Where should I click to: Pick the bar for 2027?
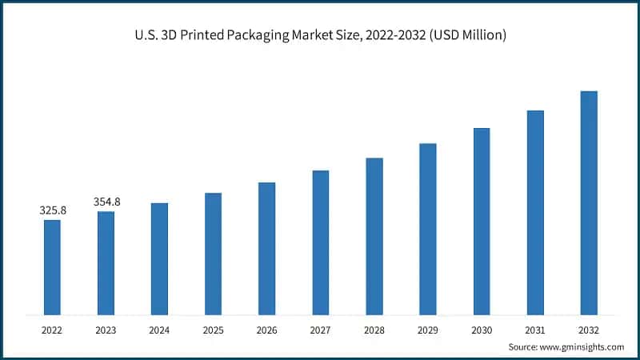pyautogui.click(x=320, y=242)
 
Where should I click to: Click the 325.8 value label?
pyautogui.click(x=52, y=210)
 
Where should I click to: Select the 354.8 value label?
pyautogui.click(x=106, y=202)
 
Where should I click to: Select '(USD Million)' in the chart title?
pyautogui.click(x=467, y=35)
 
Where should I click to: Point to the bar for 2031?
pyautogui.click(x=535, y=211)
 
